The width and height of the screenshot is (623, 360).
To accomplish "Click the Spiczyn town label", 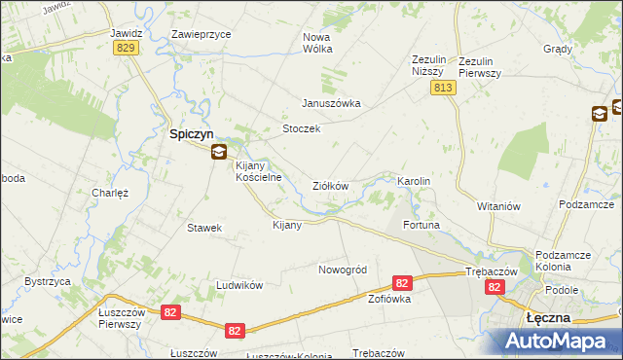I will coord(193,135).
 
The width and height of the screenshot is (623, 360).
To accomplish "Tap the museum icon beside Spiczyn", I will coord(220,151).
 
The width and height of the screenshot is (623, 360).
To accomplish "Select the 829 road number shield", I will coord(125,48).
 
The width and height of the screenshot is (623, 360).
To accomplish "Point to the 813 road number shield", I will coord(443,89).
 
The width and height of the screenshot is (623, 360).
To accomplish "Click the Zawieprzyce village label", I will coord(201,33).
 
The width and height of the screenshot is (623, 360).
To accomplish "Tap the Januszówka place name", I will coord(331,103).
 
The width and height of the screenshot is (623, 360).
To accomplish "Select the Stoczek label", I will coord(301,128).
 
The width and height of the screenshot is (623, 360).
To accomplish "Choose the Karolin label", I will coord(413,181).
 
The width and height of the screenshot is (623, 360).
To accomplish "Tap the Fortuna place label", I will coord(421,226).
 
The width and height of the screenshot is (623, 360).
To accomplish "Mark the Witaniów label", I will coord(500,206).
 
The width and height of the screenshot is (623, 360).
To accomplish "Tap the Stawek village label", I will coord(204,228).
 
